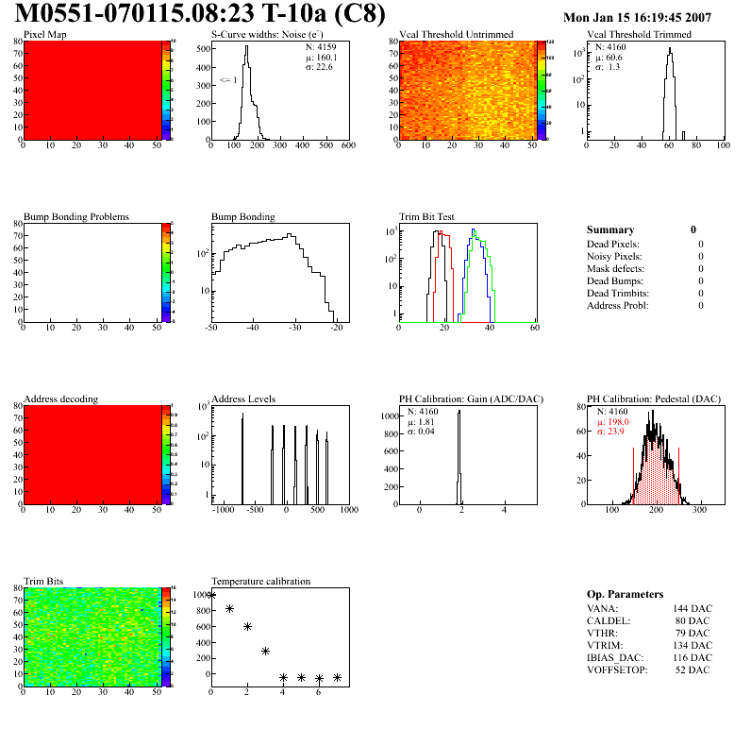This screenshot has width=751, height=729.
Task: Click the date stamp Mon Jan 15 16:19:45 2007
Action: coord(637,17)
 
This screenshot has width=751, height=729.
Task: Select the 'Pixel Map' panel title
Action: coord(44,35)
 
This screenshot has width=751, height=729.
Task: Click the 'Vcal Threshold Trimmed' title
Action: coord(639,35)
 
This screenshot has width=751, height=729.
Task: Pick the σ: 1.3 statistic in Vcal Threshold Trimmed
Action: coord(608,67)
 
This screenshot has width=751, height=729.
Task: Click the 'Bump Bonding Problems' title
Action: coord(75,217)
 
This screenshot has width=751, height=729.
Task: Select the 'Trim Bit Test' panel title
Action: coord(427,217)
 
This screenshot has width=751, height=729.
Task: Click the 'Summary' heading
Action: coord(610,229)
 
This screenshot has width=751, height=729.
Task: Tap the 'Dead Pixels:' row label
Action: coord(614,244)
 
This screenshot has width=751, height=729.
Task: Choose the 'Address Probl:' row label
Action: coord(618,305)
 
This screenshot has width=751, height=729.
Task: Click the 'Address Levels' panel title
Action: coord(243,399)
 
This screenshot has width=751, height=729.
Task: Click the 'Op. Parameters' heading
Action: coord(625,594)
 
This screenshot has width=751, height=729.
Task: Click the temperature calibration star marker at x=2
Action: coord(247,626)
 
